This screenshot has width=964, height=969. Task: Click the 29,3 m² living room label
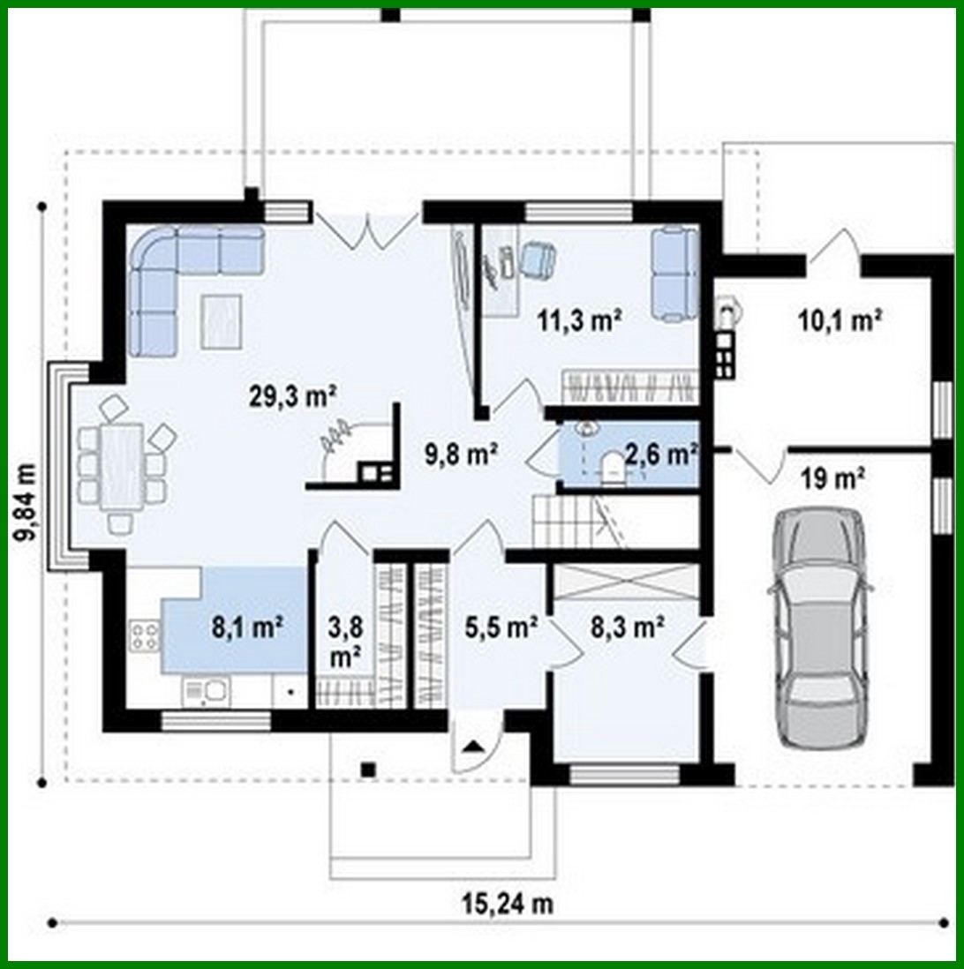(294, 397)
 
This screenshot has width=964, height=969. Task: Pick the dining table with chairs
(122, 465)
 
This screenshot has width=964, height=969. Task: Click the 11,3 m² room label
(580, 319)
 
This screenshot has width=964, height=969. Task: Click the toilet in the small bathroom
(612, 467)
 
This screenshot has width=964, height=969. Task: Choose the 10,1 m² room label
(840, 319)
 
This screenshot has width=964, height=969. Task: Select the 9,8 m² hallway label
(463, 454)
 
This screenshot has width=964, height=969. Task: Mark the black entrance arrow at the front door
(474, 747)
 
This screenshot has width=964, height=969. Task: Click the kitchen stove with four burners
(145, 635)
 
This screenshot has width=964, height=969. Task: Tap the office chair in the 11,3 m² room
(537, 259)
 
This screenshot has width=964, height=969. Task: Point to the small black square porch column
(368, 770)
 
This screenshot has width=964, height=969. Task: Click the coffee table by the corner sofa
(221, 320)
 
